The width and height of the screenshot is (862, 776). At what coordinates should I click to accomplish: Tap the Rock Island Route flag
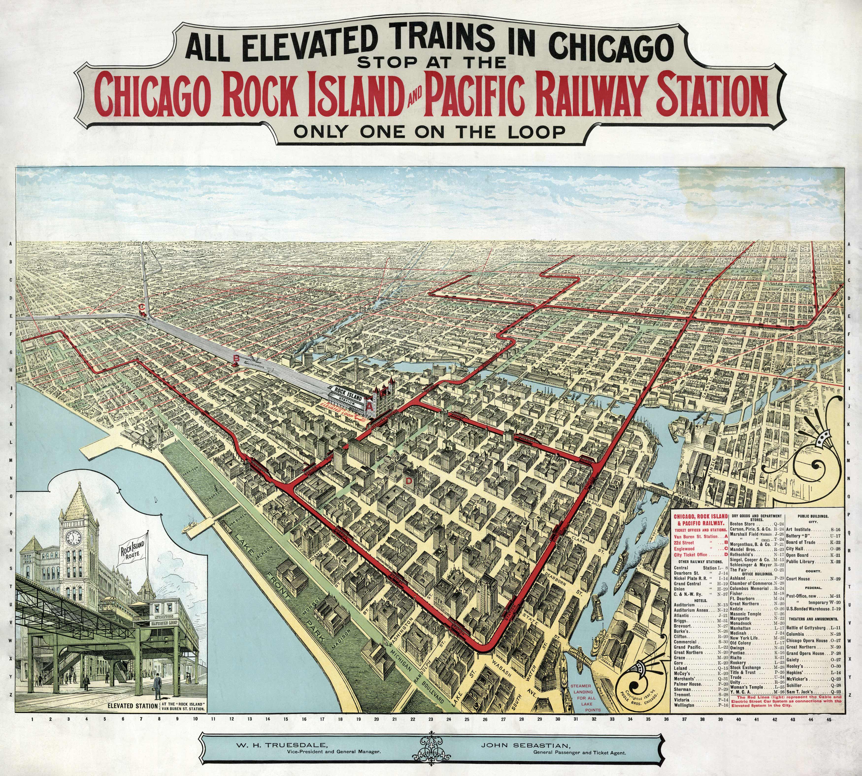(x=132, y=550)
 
